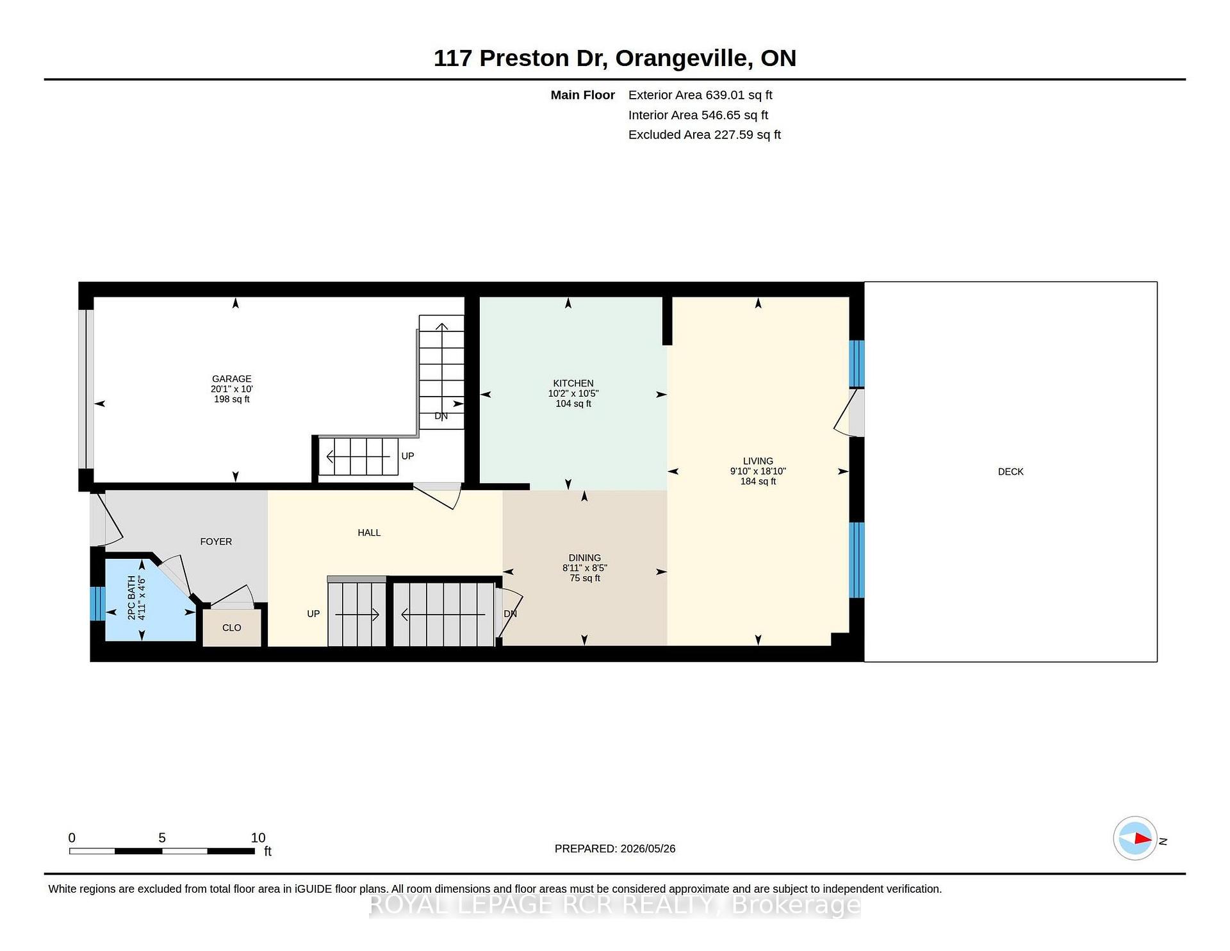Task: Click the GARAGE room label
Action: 232,379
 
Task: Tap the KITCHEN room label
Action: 573,383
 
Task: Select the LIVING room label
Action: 758,461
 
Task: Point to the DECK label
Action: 1011,472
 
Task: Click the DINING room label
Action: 585,558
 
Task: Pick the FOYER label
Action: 216,542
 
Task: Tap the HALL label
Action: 369,533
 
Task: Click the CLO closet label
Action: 232,628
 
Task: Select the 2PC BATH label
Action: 131,597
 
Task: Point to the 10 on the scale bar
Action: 258,838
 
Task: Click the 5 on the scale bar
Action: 162,838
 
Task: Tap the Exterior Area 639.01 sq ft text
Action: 700,95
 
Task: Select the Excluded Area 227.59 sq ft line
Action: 705,135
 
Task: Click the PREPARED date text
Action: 615,848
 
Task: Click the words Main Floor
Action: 583,95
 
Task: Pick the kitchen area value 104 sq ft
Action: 573,404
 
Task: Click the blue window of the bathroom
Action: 97,604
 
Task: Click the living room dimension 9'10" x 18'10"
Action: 758,471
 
